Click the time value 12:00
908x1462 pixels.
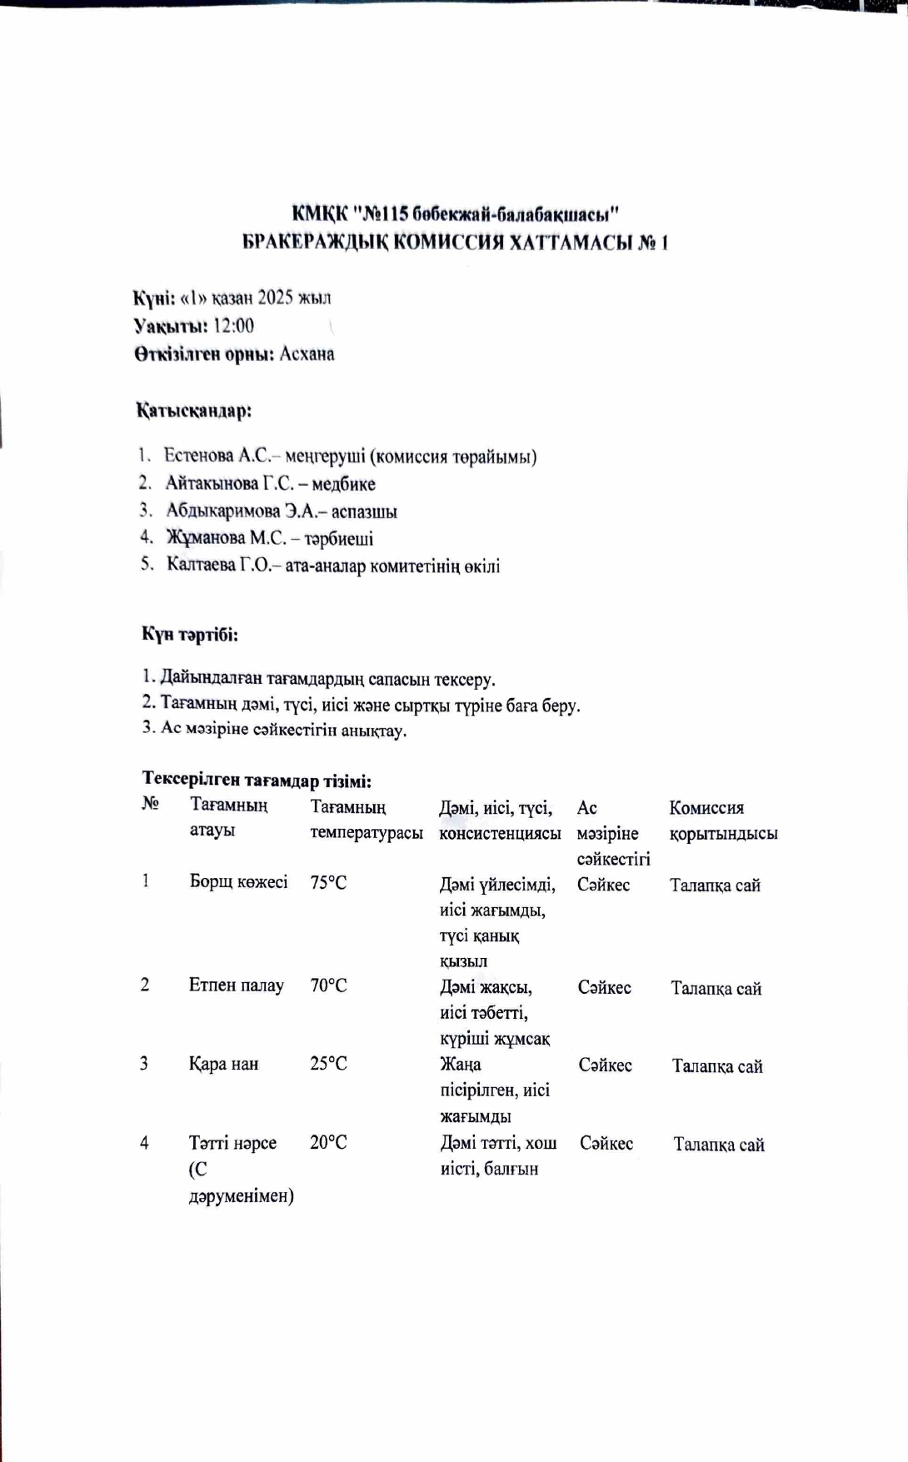click(233, 326)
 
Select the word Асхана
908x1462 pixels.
click(307, 354)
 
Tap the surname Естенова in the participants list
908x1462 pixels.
click(198, 456)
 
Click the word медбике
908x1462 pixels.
click(343, 484)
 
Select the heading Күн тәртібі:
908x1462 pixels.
click(190, 635)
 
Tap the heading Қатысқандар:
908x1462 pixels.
click(194, 411)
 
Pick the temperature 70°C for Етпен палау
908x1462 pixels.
click(328, 986)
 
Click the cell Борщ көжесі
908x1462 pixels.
click(238, 882)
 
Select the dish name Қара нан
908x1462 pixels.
click(223, 1064)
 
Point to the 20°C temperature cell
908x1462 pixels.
click(328, 1143)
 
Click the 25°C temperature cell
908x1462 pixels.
click(328, 1064)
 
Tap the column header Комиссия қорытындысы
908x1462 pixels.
click(723, 821)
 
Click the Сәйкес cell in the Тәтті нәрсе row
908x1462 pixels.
click(606, 1144)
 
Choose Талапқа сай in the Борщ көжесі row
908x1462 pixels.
click(715, 886)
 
